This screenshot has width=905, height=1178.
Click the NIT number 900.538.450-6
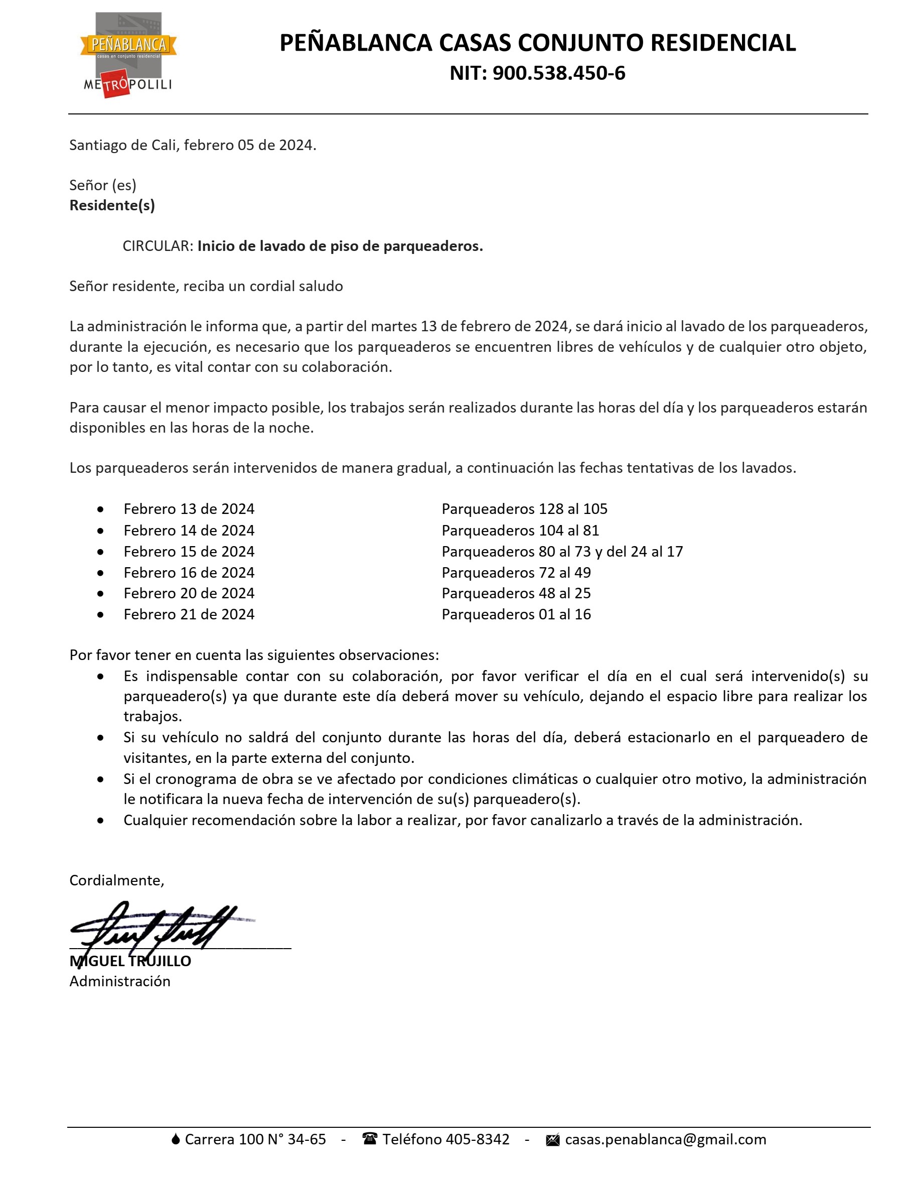pos(559,73)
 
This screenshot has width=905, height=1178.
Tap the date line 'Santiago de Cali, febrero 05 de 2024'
pos(192,145)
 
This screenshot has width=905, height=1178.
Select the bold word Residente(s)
pos(112,205)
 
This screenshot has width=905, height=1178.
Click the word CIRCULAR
pos(158,246)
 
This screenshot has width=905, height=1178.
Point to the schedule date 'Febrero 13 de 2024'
pos(189,509)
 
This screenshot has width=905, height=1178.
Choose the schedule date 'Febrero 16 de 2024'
pos(189,572)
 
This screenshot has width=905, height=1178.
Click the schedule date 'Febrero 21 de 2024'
pos(189,614)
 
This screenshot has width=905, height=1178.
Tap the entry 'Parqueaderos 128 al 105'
pos(524,509)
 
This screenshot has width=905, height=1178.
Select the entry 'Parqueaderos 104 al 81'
pos(520,530)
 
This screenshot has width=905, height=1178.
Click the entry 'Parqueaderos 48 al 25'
pos(516,593)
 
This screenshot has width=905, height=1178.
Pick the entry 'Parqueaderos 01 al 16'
pos(516,614)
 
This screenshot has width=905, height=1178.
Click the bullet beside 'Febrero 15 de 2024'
pos(101,552)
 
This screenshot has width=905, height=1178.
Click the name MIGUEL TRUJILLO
pos(130,961)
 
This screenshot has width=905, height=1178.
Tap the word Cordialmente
pos(116,880)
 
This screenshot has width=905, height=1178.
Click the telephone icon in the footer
pos(370,1139)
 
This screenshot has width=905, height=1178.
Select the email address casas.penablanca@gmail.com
pos(665,1139)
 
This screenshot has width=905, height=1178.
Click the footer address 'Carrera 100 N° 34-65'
pos(255,1139)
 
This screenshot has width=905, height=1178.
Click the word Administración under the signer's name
pos(119,981)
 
